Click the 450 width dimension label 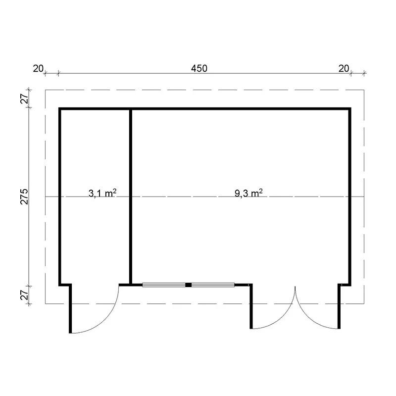(x=199, y=68)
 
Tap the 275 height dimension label (x=24, y=196)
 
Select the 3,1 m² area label (x=102, y=193)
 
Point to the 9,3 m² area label (x=248, y=193)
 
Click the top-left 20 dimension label (x=38, y=68)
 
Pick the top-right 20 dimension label (x=344, y=68)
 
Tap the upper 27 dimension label (x=24, y=99)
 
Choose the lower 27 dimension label (x=24, y=295)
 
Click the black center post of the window (x=189, y=285)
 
